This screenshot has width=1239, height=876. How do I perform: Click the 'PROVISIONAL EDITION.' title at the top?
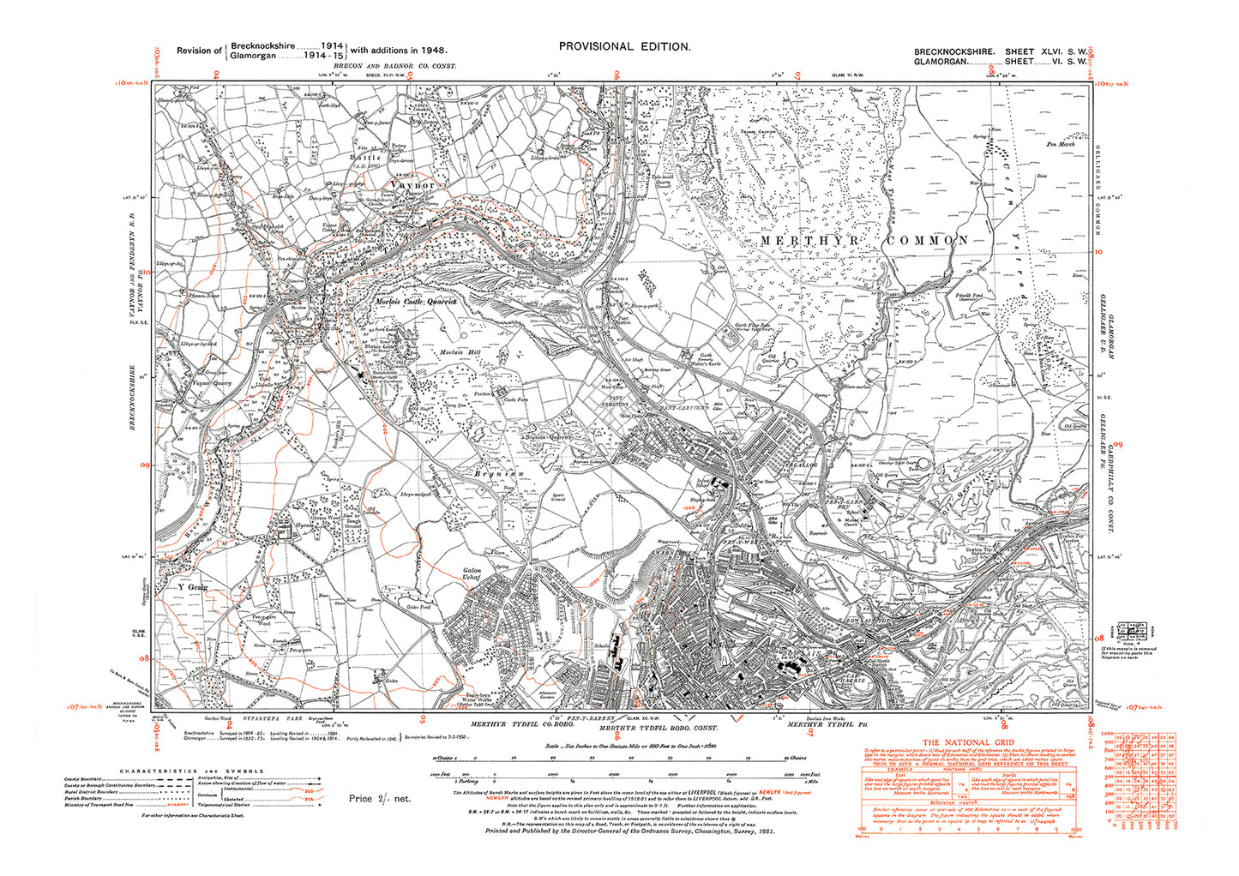click(623, 47)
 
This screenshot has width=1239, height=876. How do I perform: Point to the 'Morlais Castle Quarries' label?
click(416, 302)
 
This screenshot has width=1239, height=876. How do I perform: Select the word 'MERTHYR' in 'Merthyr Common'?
click(803, 241)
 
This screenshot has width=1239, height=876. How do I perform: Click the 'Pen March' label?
click(1061, 145)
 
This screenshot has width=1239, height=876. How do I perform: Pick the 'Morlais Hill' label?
click(460, 353)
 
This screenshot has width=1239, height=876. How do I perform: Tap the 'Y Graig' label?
click(193, 588)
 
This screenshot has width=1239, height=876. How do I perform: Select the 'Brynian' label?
click(498, 472)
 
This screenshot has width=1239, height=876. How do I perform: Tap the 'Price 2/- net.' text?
click(380, 799)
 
